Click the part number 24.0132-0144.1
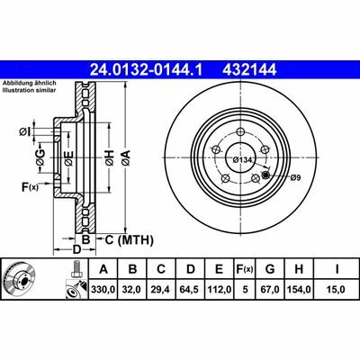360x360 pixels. (x=147, y=69)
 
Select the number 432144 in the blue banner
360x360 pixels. (x=249, y=69)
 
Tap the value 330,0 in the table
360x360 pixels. (x=103, y=290)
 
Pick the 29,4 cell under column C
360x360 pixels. (x=161, y=290)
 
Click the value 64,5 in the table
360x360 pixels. (x=190, y=290)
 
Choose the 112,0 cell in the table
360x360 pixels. (x=220, y=290)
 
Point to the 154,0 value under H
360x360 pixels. (x=299, y=290)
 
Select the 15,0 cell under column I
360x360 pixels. (x=336, y=290)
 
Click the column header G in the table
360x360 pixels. (x=270, y=269)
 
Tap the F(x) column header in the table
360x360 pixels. (x=245, y=269)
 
